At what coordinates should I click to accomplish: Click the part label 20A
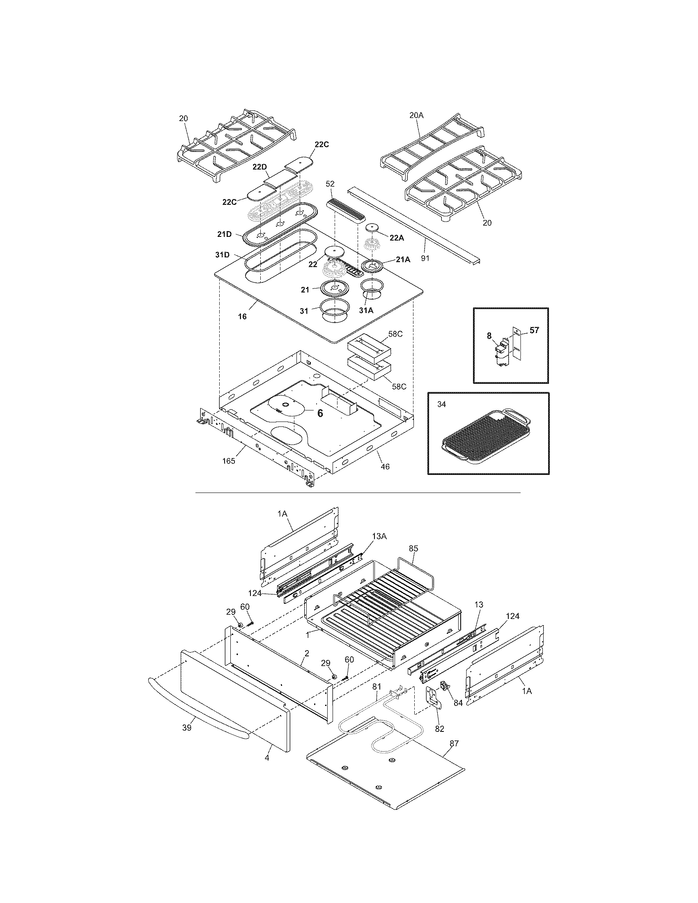tap(416, 116)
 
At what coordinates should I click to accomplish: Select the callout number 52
tap(331, 183)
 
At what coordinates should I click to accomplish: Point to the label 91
tap(425, 259)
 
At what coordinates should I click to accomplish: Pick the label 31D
tap(222, 255)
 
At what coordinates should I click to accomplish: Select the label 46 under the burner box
tap(385, 467)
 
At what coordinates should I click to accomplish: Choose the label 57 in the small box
tap(534, 330)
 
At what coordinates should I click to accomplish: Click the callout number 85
tap(413, 548)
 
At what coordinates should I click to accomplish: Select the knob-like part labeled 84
tap(445, 687)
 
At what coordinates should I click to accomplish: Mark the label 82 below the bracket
tap(439, 729)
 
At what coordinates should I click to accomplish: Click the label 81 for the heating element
tap(376, 687)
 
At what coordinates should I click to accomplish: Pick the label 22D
tap(260, 167)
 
